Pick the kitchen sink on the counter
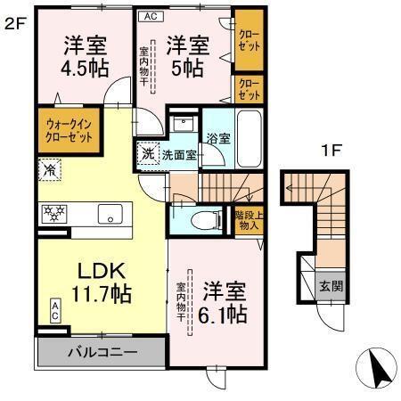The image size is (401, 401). (112, 214)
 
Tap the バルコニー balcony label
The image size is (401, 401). (102, 353)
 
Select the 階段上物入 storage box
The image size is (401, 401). (247, 220)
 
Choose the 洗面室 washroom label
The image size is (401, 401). (178, 154)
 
